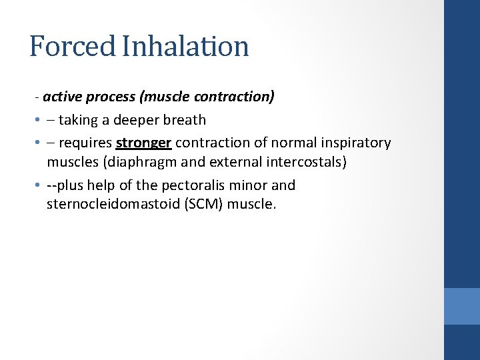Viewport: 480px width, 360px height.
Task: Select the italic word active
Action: (62, 97)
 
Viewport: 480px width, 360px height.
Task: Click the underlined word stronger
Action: (143, 143)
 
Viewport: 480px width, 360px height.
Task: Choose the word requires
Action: (85, 143)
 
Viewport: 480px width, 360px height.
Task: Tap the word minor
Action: (251, 185)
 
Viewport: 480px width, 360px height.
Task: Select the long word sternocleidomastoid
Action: (111, 204)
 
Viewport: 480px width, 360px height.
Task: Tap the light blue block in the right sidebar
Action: (462, 306)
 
